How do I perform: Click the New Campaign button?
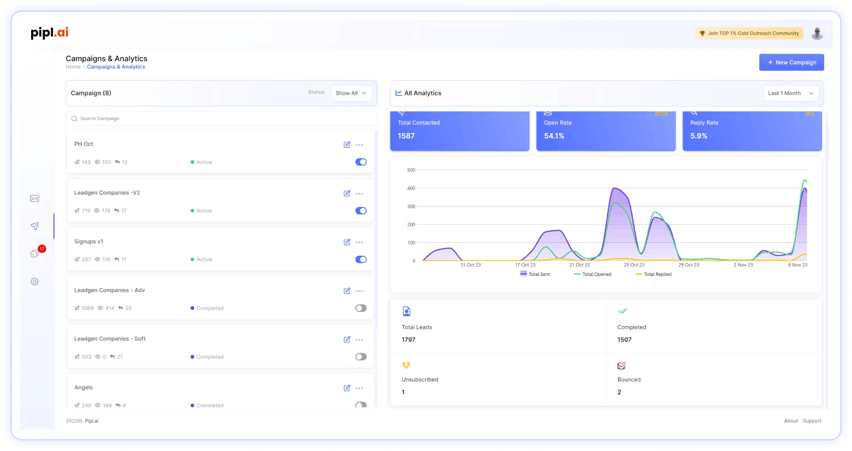[x=791, y=62]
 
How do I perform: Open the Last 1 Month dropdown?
[x=790, y=93]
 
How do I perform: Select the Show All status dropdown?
[x=351, y=93]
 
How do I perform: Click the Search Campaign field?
[x=221, y=118]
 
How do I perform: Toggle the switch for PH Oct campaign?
[x=361, y=162]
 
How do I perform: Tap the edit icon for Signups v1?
[x=347, y=242]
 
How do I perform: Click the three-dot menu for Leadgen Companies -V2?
[x=359, y=194]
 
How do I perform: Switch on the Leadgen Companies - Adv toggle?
[x=361, y=308]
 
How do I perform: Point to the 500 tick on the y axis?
[x=411, y=170]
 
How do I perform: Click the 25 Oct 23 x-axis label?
[x=634, y=265]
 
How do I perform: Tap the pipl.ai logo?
[x=50, y=33]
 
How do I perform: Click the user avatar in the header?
[x=817, y=33]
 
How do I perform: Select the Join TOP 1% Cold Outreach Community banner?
[x=749, y=33]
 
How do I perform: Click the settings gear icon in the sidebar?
[x=34, y=281]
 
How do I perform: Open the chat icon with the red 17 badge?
[x=35, y=254]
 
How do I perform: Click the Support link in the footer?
[x=812, y=421]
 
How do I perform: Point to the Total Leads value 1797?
[x=409, y=340]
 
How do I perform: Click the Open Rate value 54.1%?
[x=554, y=136]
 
